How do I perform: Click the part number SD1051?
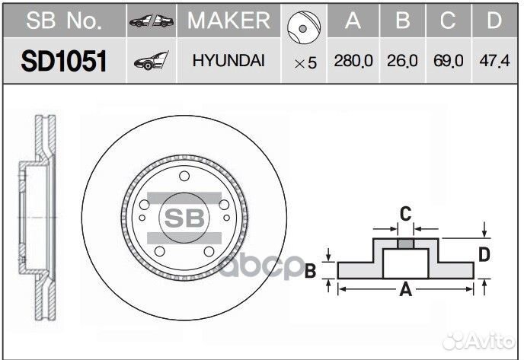click(x=64, y=61)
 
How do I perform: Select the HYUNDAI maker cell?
click(x=228, y=60)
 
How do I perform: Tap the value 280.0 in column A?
click(x=353, y=61)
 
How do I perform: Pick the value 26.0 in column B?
click(x=402, y=61)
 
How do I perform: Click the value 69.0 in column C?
click(x=448, y=61)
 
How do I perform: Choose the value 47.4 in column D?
click(x=494, y=61)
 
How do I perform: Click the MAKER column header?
click(x=229, y=21)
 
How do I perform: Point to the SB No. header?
click(x=64, y=21)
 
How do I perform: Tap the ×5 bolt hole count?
click(x=305, y=62)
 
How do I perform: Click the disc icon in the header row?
click(x=304, y=27)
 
